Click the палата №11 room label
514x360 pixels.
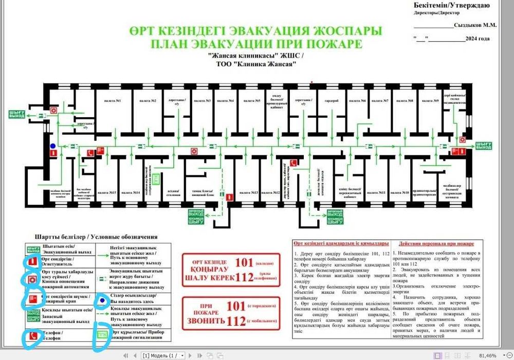(381, 193)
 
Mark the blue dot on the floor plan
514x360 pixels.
(52, 146)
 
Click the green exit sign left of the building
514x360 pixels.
(17, 114)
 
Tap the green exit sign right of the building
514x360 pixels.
(483, 146)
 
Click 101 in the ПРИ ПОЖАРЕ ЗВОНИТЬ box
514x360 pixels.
(236, 307)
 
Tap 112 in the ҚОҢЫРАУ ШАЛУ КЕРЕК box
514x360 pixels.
(244, 278)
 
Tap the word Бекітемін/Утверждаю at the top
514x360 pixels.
(451, 5)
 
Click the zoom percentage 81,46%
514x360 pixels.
(488, 355)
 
